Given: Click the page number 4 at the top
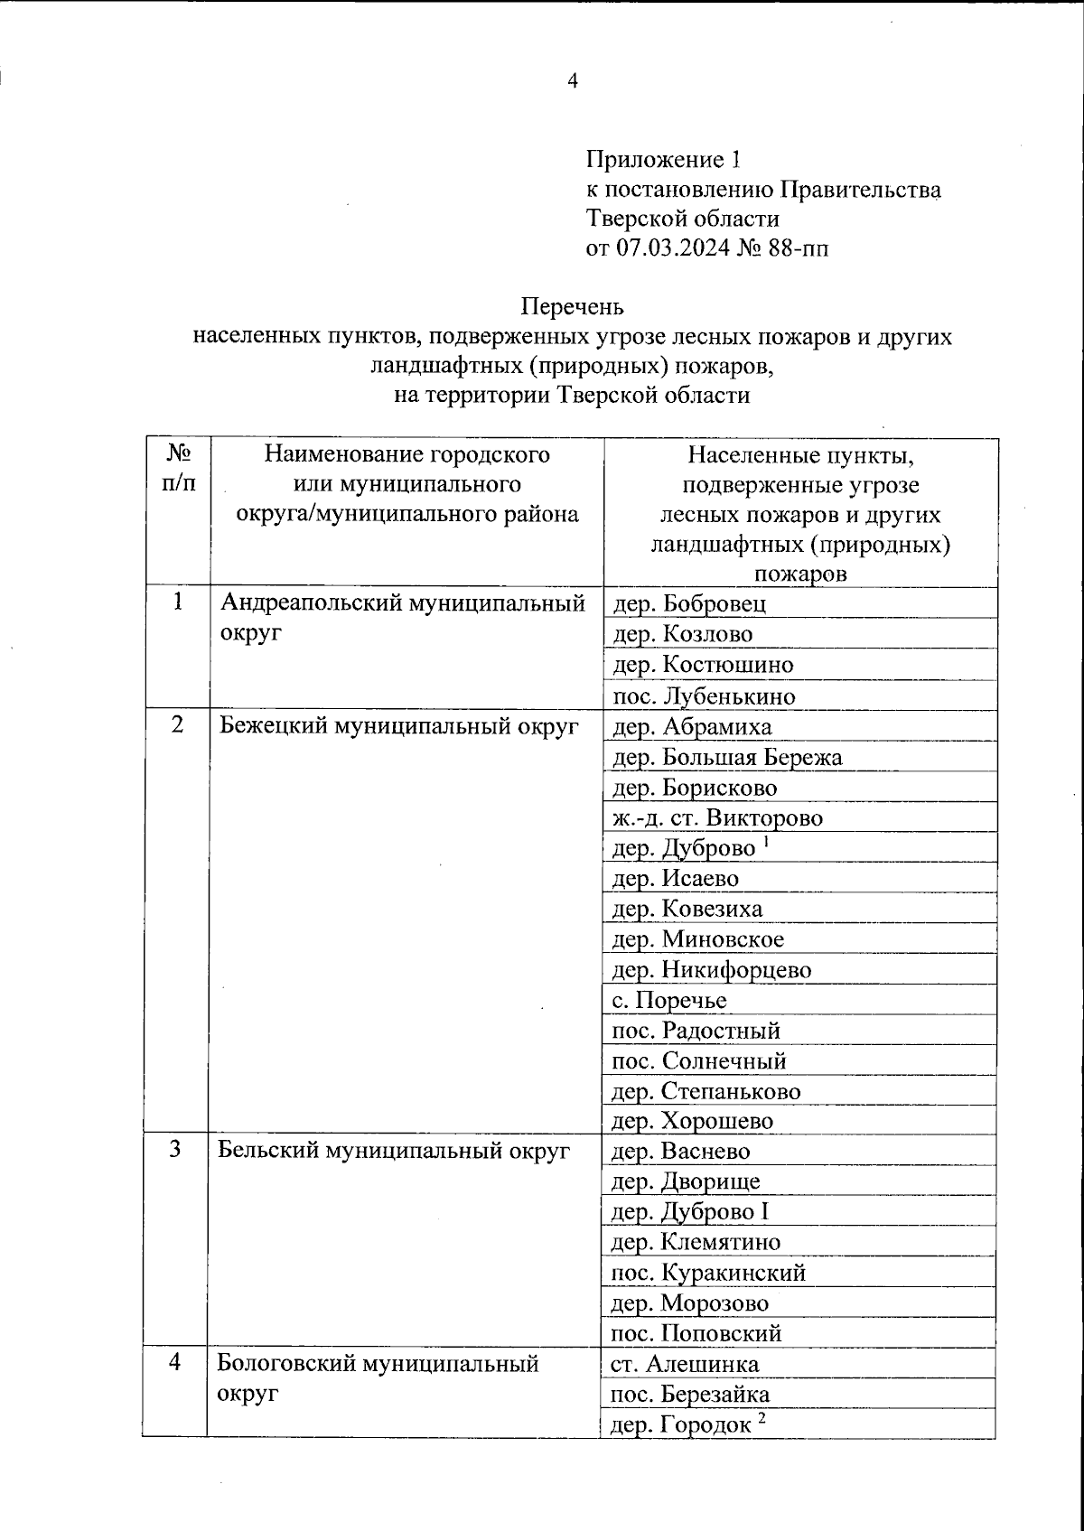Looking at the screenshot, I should pos(571,81).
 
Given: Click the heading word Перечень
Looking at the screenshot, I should pos(572,307).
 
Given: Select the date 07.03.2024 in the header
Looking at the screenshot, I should pos(687,247).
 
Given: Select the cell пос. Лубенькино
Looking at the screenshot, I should pos(704,695).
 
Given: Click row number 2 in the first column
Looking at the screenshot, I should pos(178,725).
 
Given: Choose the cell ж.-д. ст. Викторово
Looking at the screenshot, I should pos(717,818).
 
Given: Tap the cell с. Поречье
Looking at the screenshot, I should pos(668,1000).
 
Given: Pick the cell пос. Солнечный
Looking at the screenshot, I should pos(698,1060).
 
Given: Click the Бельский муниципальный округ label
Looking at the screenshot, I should pos(395,1151).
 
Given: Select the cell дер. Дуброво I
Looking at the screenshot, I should pos(690,1211).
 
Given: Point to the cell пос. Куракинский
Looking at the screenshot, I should pos(708,1273).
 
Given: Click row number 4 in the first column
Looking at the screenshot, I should pos(178,1363).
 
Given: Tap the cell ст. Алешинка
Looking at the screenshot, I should pos(685,1364).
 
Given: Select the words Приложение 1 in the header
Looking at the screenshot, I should pos(663,160).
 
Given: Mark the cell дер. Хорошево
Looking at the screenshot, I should pos(693,1121).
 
